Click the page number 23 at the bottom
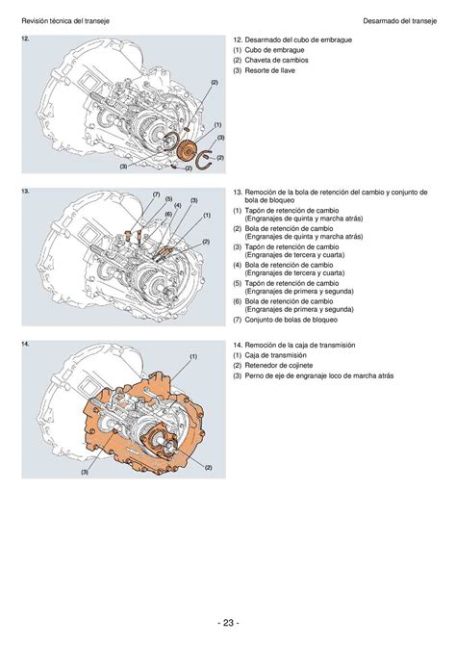click(228, 622)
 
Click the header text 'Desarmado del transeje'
click(399, 21)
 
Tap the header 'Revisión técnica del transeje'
click(65, 21)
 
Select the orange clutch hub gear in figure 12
click(186, 150)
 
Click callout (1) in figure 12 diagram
click(218, 124)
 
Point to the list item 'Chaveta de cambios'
click(276, 60)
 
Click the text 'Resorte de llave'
click(269, 70)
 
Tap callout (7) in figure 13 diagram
click(156, 194)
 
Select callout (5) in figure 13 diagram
click(168, 199)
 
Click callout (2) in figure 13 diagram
click(206, 242)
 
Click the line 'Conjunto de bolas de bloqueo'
click(291, 320)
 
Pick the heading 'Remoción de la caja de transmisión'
click(300, 346)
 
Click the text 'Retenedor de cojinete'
click(279, 365)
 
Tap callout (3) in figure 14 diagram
click(85, 473)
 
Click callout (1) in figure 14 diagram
click(193, 356)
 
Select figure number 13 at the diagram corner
click(25, 192)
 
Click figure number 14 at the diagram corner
click(25, 344)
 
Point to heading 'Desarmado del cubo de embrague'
click(298, 39)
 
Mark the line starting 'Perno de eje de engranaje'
click(319, 375)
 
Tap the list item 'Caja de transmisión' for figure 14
click(275, 355)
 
